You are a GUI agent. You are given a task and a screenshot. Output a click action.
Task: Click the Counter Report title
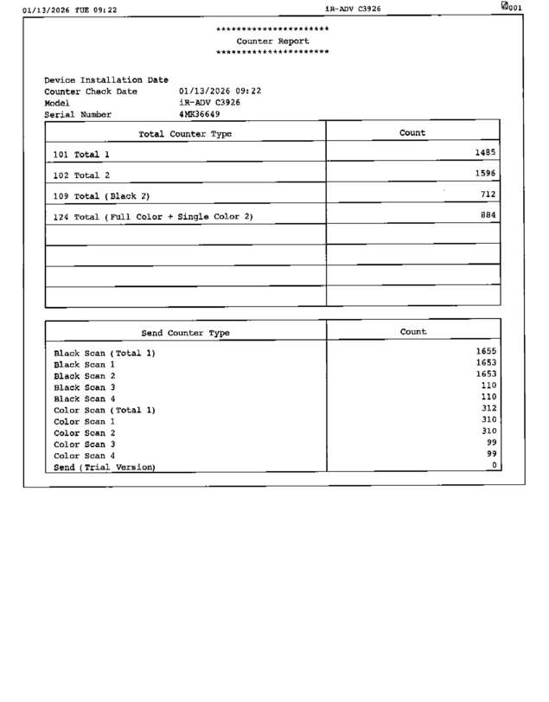[x=271, y=41]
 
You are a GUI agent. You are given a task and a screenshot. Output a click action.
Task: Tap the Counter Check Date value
[x=220, y=91]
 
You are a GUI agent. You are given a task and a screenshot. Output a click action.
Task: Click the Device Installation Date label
[x=105, y=80]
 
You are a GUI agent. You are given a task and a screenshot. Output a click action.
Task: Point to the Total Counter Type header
[x=185, y=134]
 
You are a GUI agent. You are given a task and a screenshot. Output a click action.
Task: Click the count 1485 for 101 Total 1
[x=485, y=152]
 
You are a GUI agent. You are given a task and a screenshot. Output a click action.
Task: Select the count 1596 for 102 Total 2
[x=485, y=173]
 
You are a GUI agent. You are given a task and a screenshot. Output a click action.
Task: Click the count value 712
[x=488, y=195]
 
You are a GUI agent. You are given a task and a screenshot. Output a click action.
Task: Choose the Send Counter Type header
[x=185, y=333]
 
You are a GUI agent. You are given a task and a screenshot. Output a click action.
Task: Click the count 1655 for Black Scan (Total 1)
[x=486, y=351]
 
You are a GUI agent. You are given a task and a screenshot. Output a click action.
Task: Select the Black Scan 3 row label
[x=85, y=387]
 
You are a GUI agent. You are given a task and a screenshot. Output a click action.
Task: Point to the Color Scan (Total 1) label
[x=105, y=410]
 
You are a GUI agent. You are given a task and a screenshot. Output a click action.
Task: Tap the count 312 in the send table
[x=488, y=408]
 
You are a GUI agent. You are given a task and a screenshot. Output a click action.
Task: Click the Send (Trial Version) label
[x=105, y=467]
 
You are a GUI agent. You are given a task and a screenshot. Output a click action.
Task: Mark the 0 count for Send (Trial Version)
[x=495, y=465]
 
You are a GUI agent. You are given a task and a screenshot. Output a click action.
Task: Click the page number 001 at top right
[x=514, y=8]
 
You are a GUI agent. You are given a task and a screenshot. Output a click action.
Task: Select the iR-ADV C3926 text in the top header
[x=353, y=9]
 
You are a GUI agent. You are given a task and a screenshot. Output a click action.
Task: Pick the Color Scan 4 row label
[x=85, y=456]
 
